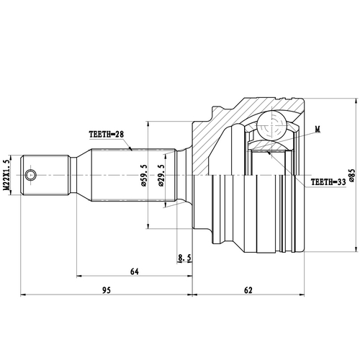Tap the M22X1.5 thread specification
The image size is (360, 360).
click(x=8, y=175)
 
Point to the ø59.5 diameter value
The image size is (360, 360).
click(x=144, y=175)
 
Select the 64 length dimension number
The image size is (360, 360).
click(x=134, y=271)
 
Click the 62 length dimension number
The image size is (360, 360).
click(x=248, y=290)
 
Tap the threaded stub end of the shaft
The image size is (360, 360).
click(x=46, y=175)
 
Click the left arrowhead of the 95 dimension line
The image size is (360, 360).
click(x=26, y=295)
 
